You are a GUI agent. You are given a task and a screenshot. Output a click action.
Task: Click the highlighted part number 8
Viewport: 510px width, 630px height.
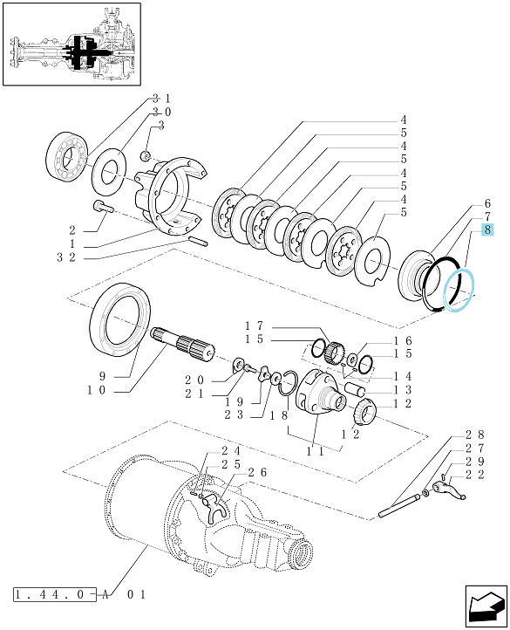tap(487, 230)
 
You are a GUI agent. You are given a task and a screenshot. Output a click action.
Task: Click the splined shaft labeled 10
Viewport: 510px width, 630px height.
tap(183, 344)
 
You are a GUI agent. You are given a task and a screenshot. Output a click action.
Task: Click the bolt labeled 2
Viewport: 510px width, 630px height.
tap(103, 207)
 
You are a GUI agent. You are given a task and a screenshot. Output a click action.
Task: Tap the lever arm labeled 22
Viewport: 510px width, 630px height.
tap(449, 491)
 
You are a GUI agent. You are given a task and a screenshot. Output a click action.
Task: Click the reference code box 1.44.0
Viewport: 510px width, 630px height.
tap(55, 594)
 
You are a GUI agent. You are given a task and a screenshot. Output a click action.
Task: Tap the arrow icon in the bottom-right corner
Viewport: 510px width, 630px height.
tap(486, 606)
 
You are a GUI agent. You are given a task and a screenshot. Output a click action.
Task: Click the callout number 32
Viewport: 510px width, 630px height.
tap(66, 257)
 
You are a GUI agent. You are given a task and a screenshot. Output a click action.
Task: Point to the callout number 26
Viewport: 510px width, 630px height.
tap(257, 472)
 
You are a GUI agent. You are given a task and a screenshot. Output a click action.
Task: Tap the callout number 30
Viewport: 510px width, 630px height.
tap(161, 112)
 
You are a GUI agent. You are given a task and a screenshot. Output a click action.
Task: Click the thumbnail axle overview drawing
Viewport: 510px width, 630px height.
tap(71, 44)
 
